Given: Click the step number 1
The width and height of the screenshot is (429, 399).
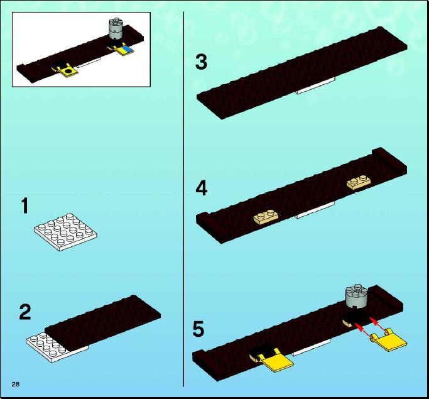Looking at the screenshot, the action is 25,206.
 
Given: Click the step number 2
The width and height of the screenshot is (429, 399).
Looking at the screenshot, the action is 25,312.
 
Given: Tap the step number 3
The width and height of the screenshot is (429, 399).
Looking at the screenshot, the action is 202,62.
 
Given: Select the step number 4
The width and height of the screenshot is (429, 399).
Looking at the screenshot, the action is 202,189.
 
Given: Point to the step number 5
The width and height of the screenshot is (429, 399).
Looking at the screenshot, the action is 198,329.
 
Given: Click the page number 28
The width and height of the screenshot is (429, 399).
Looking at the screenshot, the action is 16,384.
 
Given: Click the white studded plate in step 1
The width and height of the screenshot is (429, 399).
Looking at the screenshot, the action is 66,232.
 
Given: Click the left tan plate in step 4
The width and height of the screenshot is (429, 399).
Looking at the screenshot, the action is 266,216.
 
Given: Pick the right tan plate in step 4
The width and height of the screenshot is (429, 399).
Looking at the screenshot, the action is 359,182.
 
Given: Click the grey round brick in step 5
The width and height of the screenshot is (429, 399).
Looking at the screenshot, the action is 356,296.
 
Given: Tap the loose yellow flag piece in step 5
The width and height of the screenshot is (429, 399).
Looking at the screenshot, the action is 388,340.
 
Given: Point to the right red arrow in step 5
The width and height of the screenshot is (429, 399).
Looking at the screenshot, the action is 377,323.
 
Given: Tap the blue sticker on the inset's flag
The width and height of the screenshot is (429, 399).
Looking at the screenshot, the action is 126,50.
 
